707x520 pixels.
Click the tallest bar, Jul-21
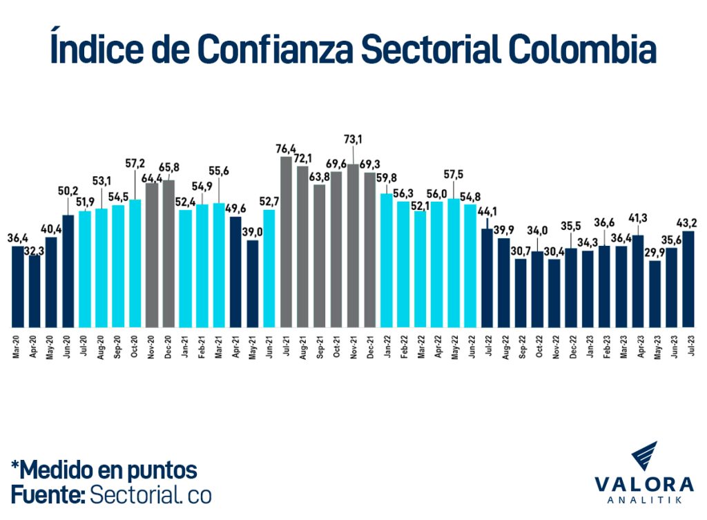click(x=287, y=242)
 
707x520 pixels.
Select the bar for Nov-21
click(x=353, y=245)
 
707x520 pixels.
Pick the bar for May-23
click(x=655, y=293)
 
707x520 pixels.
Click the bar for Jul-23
click(x=688, y=279)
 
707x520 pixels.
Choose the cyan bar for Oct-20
click(x=135, y=263)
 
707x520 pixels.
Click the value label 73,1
click(x=354, y=139)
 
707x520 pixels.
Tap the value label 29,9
click(x=655, y=251)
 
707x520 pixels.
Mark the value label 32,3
click(x=35, y=253)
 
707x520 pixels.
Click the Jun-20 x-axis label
click(x=68, y=345)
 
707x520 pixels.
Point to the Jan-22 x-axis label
click(x=387, y=345)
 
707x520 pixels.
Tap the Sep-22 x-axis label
click(x=521, y=345)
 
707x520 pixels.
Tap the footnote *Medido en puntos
click(x=104, y=470)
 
